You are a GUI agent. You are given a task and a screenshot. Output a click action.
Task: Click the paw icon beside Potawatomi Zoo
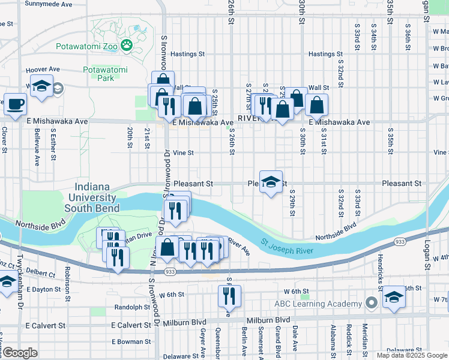point(127,44)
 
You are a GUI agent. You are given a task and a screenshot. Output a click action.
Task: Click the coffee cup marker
point(16,104)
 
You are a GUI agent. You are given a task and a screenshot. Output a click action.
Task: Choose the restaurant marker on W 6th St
point(229,295)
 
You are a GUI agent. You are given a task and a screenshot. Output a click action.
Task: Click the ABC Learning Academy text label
point(319,304)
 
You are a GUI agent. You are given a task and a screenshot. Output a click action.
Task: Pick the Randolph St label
point(132,307)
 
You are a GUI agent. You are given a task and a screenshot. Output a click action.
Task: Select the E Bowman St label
point(131,341)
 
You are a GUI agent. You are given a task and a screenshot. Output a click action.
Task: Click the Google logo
point(20,353)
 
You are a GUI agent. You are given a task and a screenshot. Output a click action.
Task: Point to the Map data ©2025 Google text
point(412,355)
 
